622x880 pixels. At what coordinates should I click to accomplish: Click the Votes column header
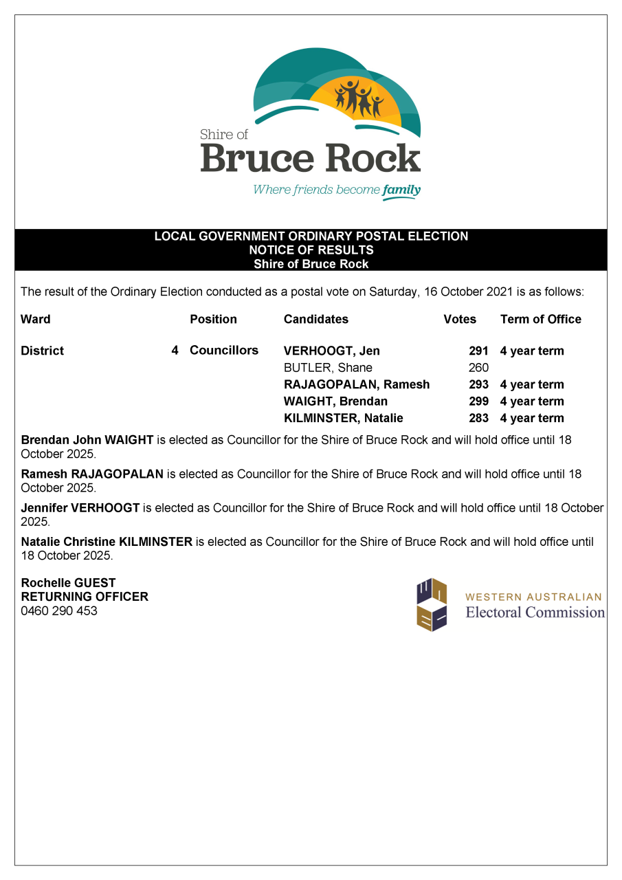[x=460, y=319]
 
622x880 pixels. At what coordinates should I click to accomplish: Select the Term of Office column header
[x=540, y=319]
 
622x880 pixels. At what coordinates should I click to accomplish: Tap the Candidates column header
[x=315, y=319]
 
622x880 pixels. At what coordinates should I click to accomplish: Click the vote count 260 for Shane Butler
[x=478, y=368]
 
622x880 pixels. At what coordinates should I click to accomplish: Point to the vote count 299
[x=478, y=401]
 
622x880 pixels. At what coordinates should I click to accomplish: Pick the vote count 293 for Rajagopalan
[x=478, y=384]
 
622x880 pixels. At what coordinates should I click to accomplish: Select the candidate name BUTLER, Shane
[x=328, y=368]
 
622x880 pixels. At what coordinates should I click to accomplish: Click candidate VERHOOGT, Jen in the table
[x=331, y=351]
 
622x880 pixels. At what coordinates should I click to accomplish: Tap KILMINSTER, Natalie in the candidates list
[x=343, y=418]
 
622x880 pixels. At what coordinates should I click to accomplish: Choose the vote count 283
[x=478, y=418]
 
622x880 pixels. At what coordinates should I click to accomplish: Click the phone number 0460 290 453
[x=59, y=610]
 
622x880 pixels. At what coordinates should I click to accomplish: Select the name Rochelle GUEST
[x=68, y=583]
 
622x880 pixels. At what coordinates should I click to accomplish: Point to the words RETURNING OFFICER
[x=85, y=597]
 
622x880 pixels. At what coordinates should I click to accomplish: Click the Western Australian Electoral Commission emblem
[x=432, y=604]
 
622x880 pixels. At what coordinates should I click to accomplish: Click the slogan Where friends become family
[x=336, y=190]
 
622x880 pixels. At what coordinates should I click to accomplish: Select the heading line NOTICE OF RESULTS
[x=311, y=250]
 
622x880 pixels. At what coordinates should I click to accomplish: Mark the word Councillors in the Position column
[x=224, y=351]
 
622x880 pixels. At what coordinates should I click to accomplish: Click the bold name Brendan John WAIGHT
[x=87, y=440]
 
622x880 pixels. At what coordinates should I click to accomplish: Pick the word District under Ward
[x=42, y=351]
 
